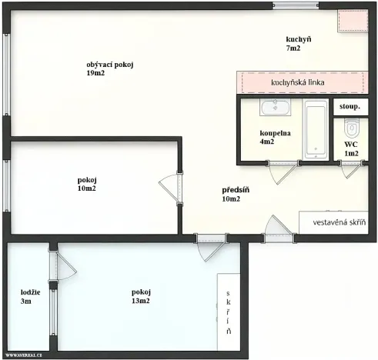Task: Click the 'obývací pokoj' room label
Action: click(x=110, y=65)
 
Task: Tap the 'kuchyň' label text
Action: click(x=298, y=39)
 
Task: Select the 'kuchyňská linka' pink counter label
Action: click(x=298, y=82)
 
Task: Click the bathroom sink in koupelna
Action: click(x=274, y=108)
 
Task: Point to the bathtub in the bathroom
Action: click(x=316, y=129)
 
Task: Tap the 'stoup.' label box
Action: click(x=350, y=106)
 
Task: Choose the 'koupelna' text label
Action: click(x=275, y=133)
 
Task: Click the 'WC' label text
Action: click(x=350, y=145)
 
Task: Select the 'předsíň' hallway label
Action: click(x=236, y=190)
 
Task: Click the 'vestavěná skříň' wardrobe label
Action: click(x=339, y=223)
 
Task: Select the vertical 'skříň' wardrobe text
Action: click(x=229, y=313)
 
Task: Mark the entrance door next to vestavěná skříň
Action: click(x=274, y=228)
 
